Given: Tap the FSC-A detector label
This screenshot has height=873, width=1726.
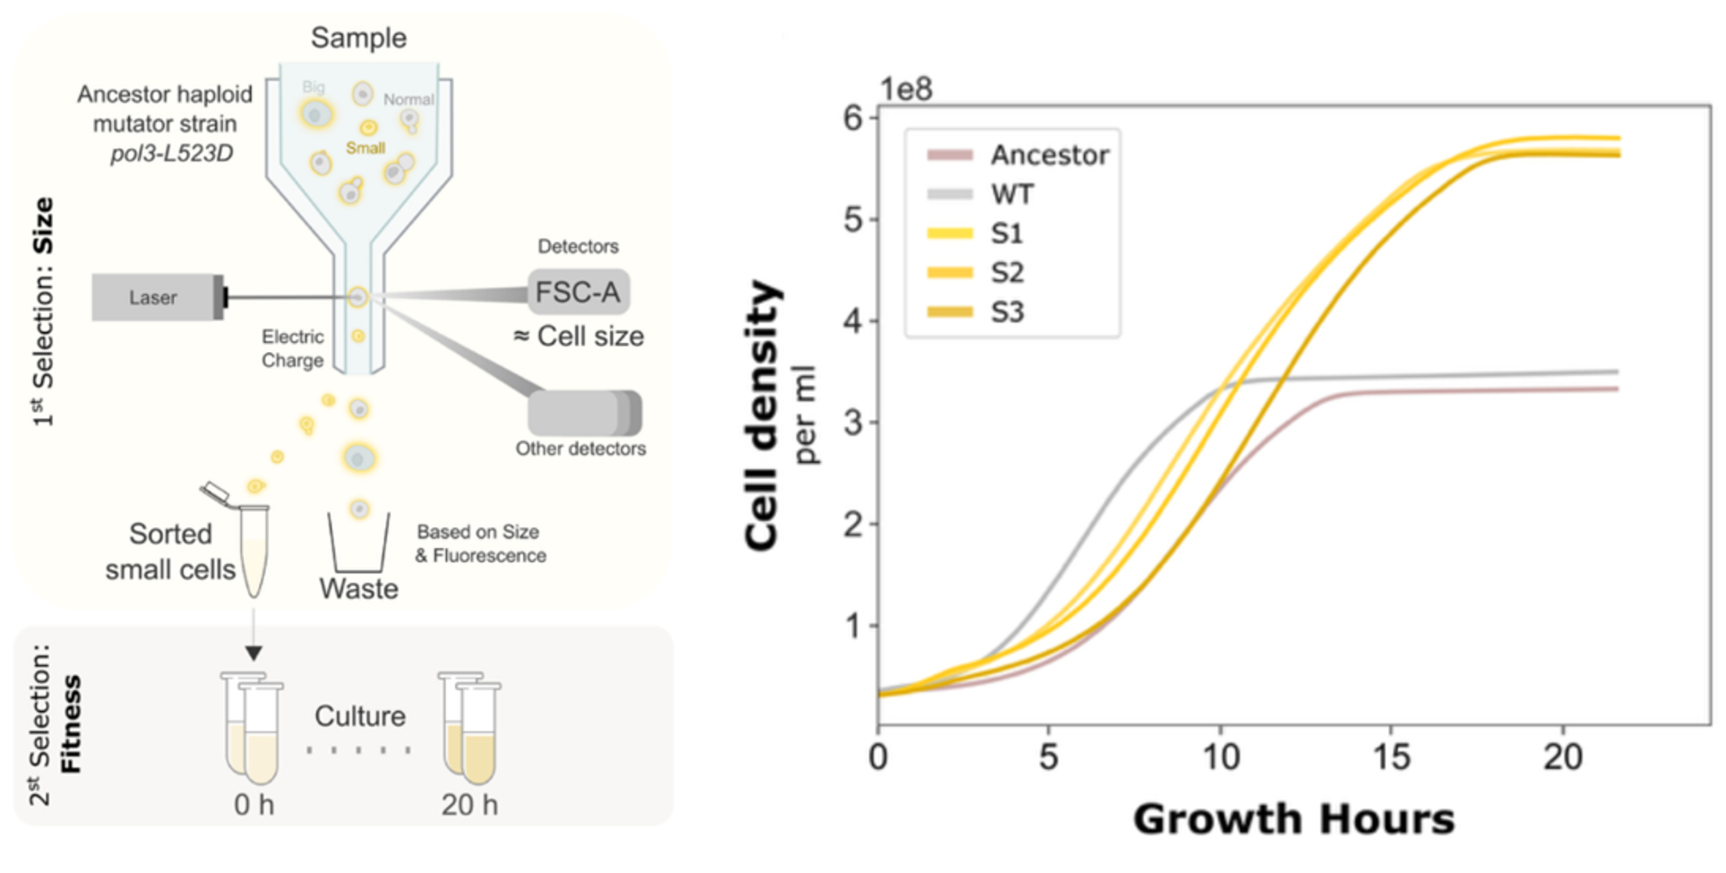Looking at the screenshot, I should tap(578, 292).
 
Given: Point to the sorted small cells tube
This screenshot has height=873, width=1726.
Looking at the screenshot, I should tap(254, 550).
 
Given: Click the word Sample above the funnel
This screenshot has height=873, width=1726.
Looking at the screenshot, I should tap(358, 38).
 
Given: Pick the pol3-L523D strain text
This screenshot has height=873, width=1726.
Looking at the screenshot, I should tap(172, 154).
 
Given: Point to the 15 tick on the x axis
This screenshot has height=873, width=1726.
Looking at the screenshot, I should tap(1391, 758).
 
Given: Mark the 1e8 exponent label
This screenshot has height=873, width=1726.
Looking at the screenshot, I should tap(906, 90).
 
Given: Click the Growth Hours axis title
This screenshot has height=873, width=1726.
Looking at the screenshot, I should tap(1293, 819).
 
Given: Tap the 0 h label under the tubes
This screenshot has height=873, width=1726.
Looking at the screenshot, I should tap(253, 805).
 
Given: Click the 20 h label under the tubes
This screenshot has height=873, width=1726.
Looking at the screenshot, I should tap(469, 805).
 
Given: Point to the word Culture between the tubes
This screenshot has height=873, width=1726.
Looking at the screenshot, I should tap(360, 716).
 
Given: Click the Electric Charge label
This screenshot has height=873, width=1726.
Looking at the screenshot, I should tap(293, 348).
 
